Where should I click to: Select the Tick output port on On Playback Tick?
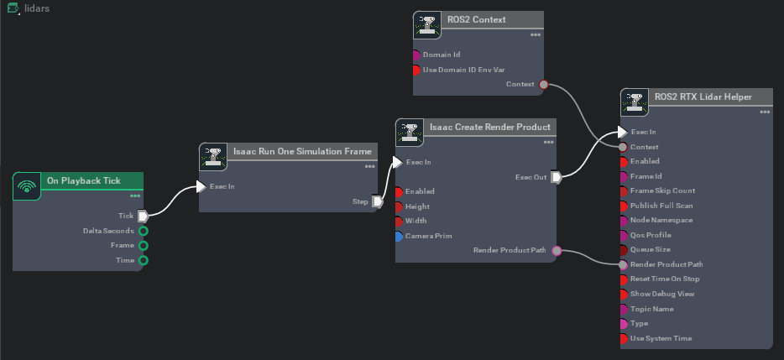(x=143, y=216)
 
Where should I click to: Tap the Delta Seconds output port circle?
(x=144, y=231)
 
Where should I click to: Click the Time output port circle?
(x=144, y=260)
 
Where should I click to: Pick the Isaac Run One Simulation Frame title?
(x=290, y=152)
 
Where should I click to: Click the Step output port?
(x=378, y=201)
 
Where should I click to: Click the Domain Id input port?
(x=416, y=55)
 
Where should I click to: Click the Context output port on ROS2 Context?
(x=543, y=84)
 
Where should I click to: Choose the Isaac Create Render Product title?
(x=489, y=127)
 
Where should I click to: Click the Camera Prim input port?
(x=399, y=237)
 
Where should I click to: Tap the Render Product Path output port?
(x=557, y=251)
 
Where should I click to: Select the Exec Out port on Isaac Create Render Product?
(x=556, y=176)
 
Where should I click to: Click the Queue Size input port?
(x=623, y=250)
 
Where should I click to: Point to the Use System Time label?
(x=661, y=339)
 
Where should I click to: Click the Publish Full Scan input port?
(x=623, y=206)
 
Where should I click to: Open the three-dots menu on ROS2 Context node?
(x=536, y=34)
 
